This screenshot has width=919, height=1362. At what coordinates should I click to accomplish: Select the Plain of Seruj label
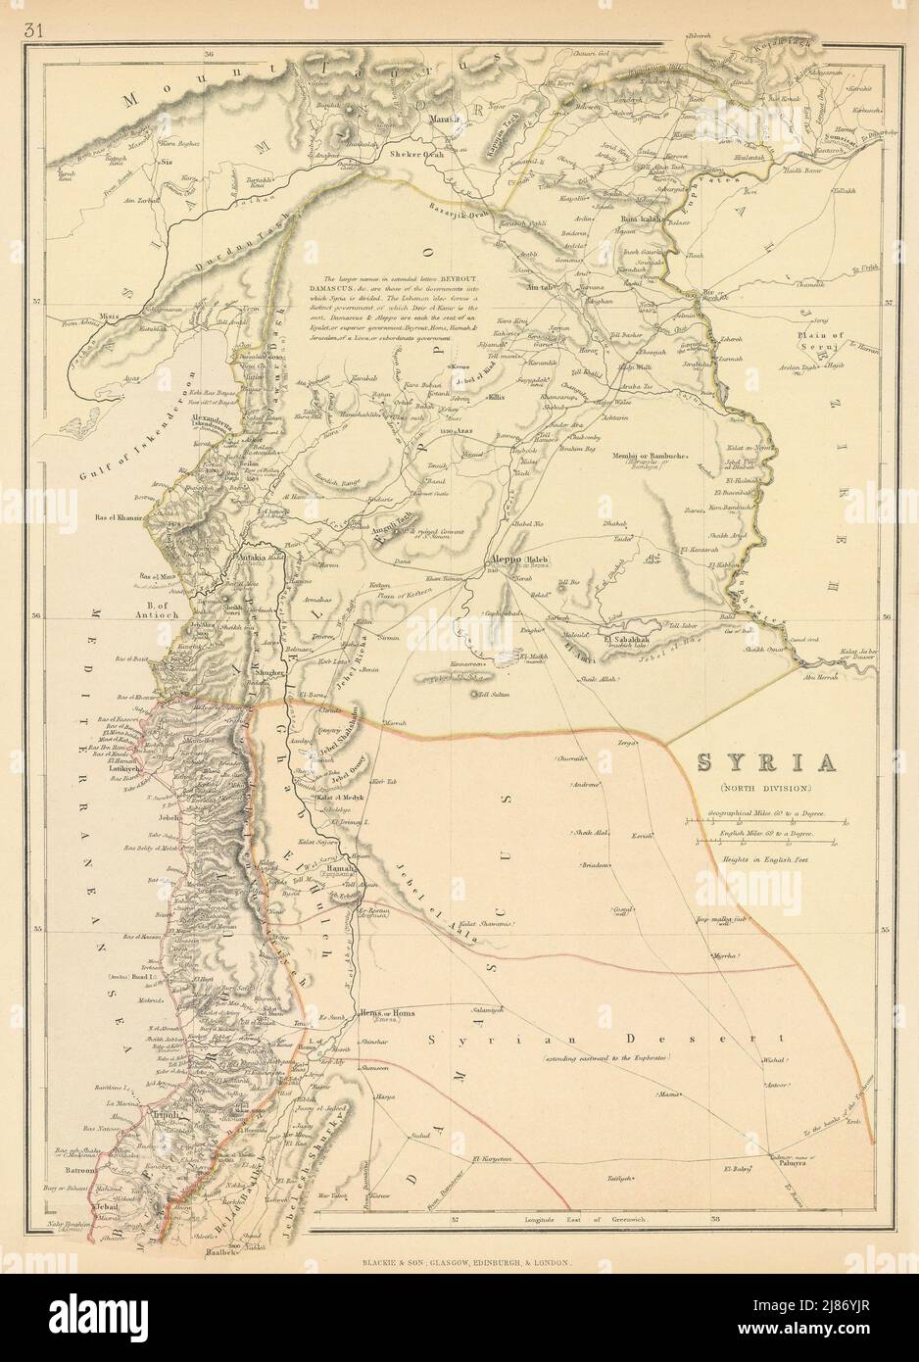tap(815, 340)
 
